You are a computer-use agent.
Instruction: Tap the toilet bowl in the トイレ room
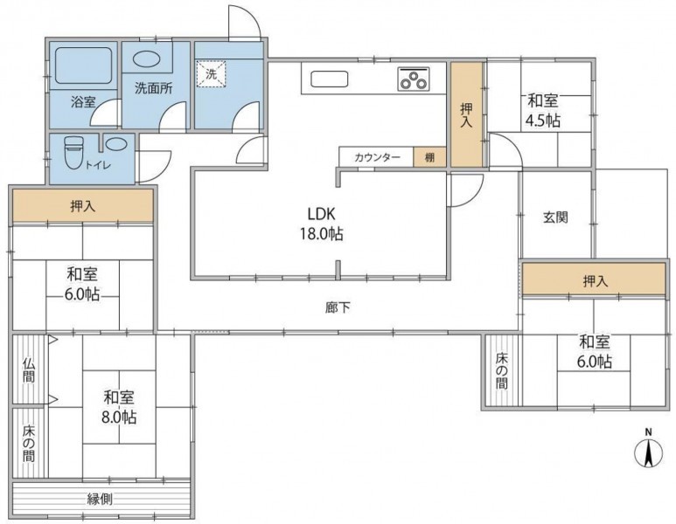pyautogui.click(x=73, y=151)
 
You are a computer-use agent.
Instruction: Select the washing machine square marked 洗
pyautogui.click(x=212, y=74)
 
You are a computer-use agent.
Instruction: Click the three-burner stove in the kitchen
pyautogui.click(x=414, y=79)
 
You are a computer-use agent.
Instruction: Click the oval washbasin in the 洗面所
pyautogui.click(x=147, y=59)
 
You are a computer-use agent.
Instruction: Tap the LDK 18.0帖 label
pyautogui.click(x=322, y=224)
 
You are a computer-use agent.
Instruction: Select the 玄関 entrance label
pyautogui.click(x=555, y=217)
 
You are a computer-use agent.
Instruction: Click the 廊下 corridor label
pyautogui.click(x=338, y=307)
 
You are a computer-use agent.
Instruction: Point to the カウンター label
pyautogui.click(x=377, y=157)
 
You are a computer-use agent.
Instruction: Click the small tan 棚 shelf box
pyautogui.click(x=430, y=157)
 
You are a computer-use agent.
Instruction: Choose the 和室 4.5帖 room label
pyautogui.click(x=543, y=111)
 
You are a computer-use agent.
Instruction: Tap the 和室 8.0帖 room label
pyautogui.click(x=119, y=406)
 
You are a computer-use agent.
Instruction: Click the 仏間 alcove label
pyautogui.click(x=28, y=370)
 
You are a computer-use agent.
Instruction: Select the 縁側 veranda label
pyautogui.click(x=100, y=499)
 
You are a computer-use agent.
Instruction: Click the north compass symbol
pyautogui.click(x=648, y=450)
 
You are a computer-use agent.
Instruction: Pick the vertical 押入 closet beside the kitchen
pyautogui.click(x=466, y=114)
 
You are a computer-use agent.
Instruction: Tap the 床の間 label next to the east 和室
pyautogui.click(x=501, y=370)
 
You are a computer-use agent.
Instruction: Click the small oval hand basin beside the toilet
pyautogui.click(x=116, y=143)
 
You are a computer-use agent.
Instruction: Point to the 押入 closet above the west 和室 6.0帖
pyautogui.click(x=83, y=206)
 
